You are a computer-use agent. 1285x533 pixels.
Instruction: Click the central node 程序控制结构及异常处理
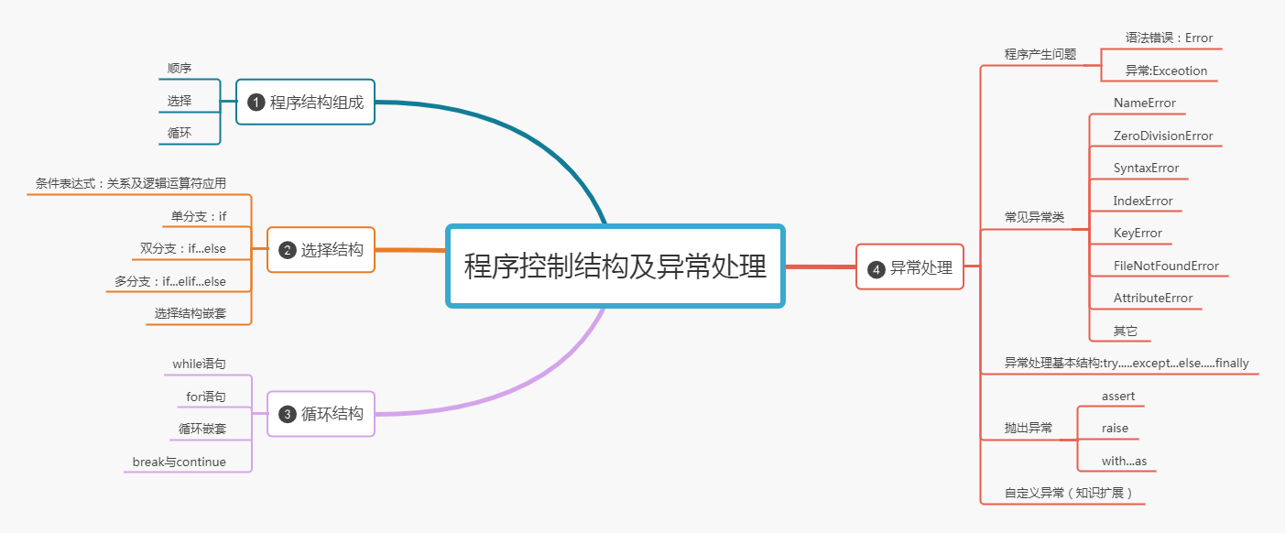[x=615, y=266]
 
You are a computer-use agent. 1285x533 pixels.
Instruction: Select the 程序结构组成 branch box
[x=306, y=103]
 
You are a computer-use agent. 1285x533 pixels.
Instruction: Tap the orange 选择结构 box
[x=321, y=250]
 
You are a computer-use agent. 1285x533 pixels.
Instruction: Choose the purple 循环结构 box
[x=321, y=414]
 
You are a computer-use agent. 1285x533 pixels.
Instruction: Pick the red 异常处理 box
[x=909, y=267]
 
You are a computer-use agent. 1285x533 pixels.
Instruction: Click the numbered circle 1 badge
[x=256, y=103]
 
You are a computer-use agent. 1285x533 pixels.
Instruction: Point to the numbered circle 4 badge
[x=876, y=268]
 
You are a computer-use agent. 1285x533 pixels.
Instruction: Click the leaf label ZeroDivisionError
[x=1162, y=136]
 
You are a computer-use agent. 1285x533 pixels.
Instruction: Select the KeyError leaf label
[x=1138, y=233]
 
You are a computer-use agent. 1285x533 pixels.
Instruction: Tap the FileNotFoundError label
[x=1166, y=266]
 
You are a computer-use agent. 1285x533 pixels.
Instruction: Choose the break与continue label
[x=179, y=462]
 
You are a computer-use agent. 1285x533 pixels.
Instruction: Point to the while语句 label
[x=199, y=364]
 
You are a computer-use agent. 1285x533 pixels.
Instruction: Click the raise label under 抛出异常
[x=1115, y=428]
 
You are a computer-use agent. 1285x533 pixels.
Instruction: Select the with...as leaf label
[x=1124, y=461]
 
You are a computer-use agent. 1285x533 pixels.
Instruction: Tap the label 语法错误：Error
[x=1169, y=38]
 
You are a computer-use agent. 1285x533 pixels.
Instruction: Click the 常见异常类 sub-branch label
[x=1034, y=217]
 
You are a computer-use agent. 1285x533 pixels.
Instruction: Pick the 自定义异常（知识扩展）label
[x=1068, y=493]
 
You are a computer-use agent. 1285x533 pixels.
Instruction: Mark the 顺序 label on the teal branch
[x=180, y=68]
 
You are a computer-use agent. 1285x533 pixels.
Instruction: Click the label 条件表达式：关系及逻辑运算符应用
[x=130, y=183]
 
